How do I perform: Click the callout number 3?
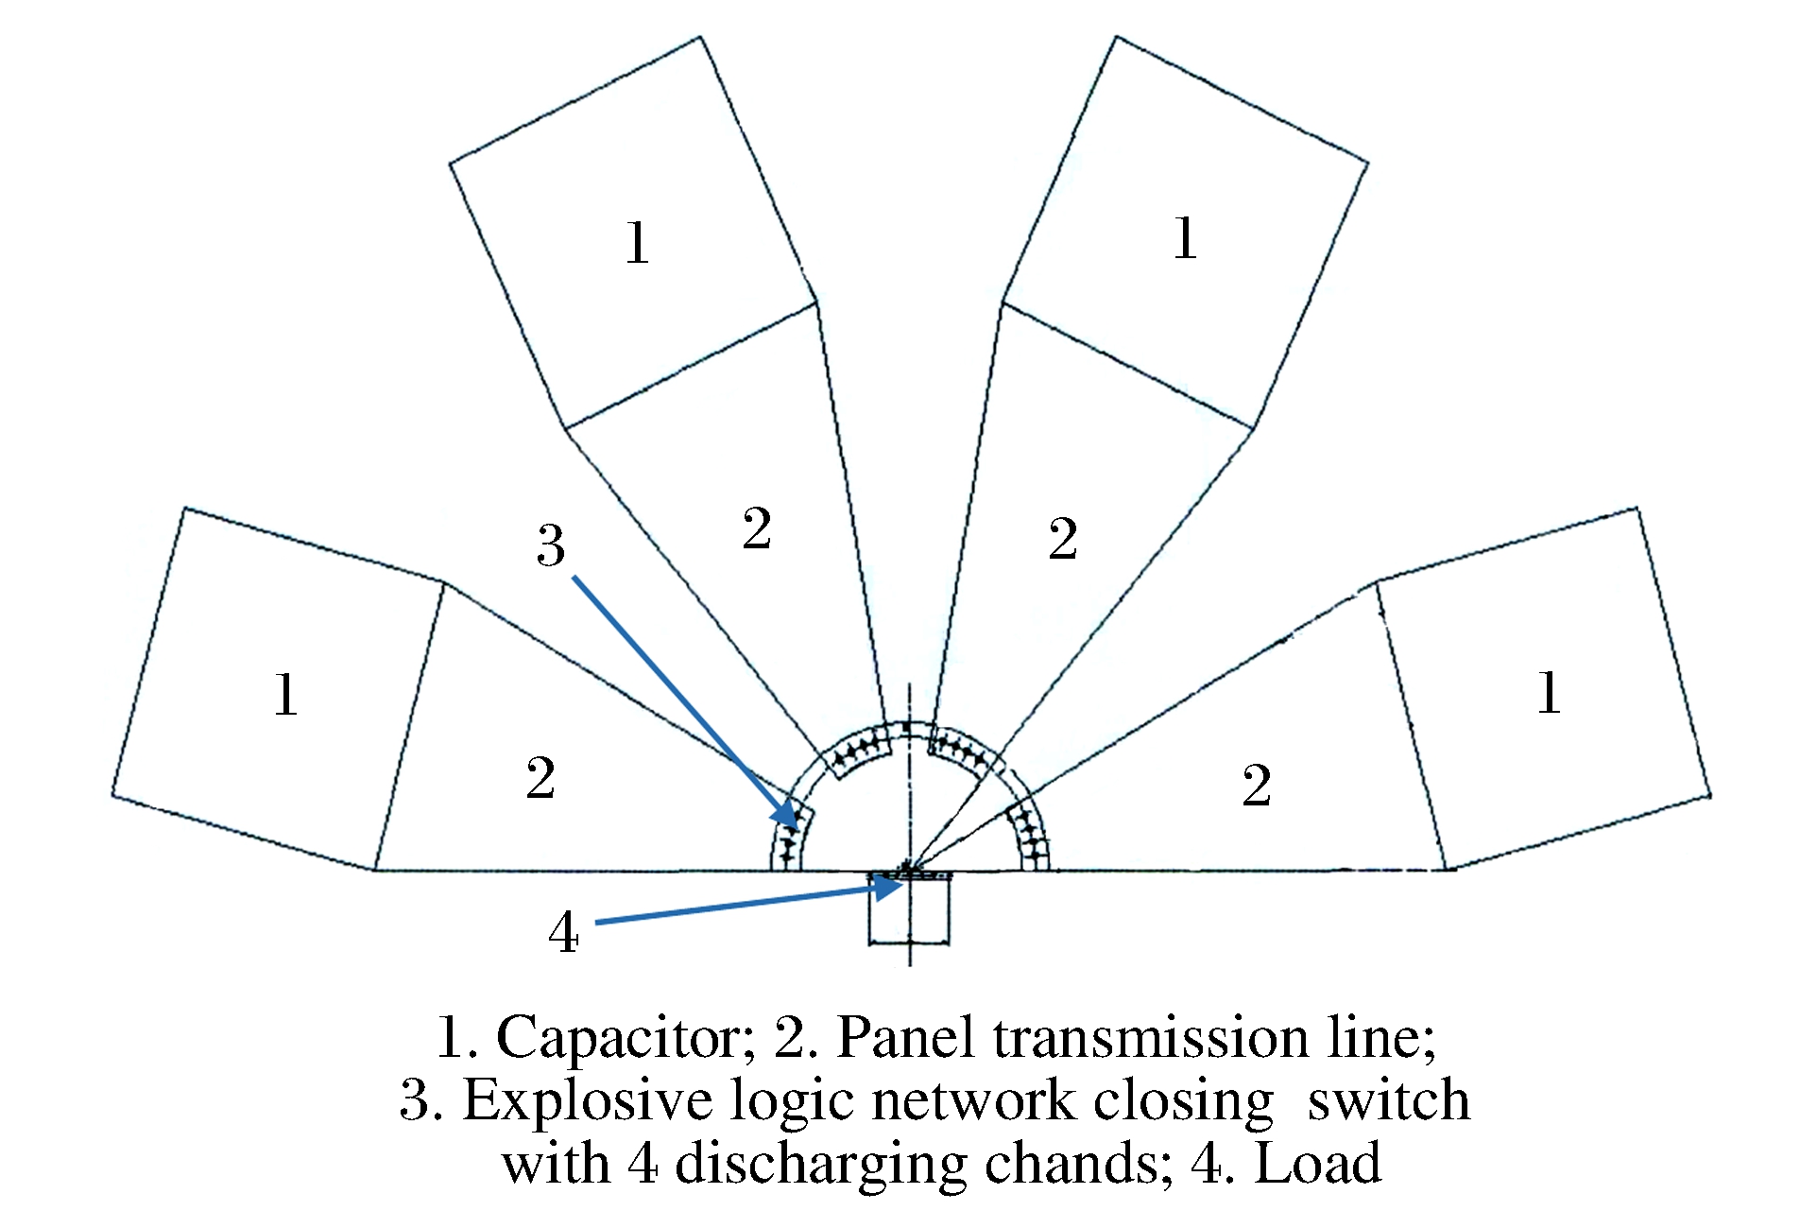click(551, 545)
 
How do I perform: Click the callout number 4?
click(564, 934)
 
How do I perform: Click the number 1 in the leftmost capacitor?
click(286, 695)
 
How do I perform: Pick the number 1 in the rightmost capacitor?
click(1548, 693)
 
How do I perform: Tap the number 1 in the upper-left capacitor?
click(638, 243)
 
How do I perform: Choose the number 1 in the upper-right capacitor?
click(1185, 237)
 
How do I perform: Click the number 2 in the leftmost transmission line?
click(540, 779)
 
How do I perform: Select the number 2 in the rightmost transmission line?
click(1257, 786)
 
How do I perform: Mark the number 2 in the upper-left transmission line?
click(757, 528)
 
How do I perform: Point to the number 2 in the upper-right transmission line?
click(1063, 540)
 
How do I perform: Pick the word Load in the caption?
click(1317, 1164)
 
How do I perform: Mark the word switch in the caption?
click(1388, 1100)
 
